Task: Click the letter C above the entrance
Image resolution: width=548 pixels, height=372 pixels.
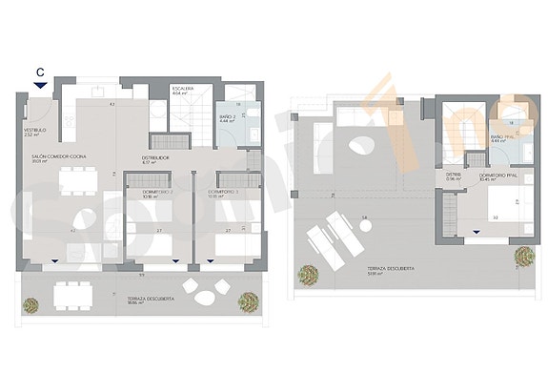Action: [39, 71]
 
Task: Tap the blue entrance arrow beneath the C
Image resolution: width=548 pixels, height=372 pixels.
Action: [39, 85]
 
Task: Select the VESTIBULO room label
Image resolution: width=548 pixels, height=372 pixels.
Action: [34, 133]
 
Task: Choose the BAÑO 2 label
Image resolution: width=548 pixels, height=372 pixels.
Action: [227, 118]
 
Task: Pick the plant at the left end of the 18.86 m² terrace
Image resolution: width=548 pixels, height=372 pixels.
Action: [31, 305]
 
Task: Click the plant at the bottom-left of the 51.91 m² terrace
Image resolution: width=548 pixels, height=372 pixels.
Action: [308, 275]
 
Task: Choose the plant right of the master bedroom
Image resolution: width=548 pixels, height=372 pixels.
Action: [523, 256]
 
